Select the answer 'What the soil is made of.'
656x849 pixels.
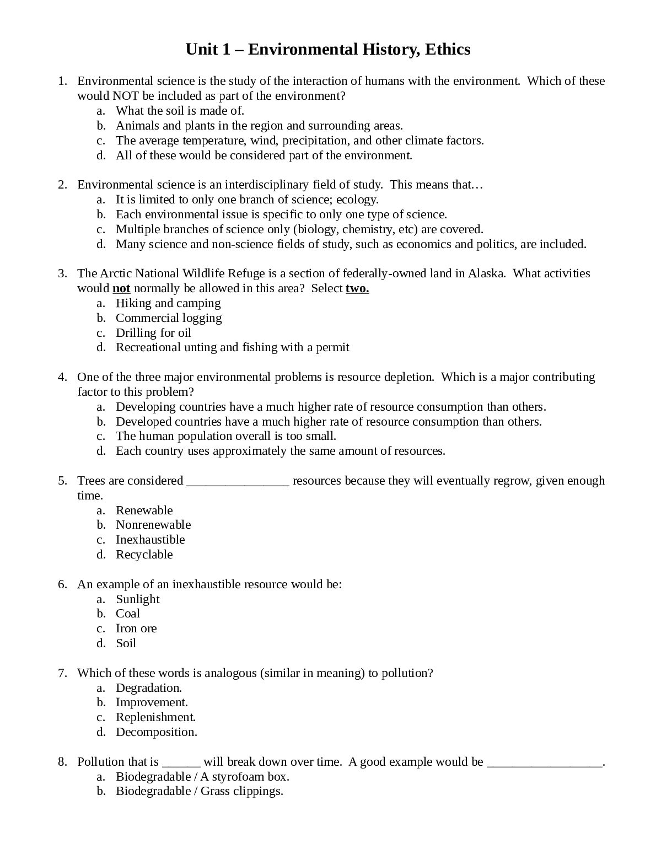click(180, 111)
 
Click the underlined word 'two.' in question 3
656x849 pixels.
click(357, 288)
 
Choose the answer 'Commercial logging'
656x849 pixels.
click(169, 318)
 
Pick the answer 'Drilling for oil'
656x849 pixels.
click(153, 333)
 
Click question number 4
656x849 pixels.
click(62, 377)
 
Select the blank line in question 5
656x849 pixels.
click(238, 481)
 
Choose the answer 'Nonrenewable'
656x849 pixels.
click(153, 525)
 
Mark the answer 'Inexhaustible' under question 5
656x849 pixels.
click(150, 540)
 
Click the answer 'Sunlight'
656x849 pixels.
click(137, 599)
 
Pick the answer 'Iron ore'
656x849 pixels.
click(136, 628)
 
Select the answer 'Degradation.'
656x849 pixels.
click(149, 688)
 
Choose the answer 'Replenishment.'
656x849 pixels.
click(156, 717)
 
